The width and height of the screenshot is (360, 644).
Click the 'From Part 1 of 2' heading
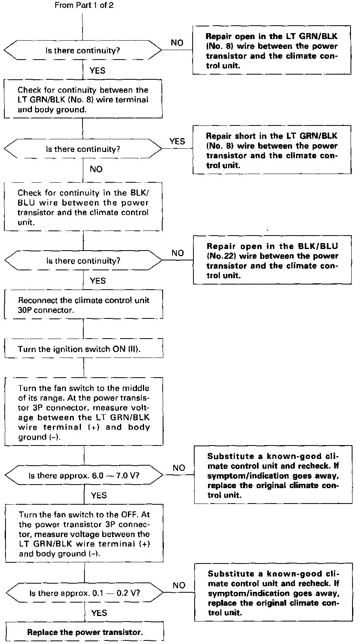(84, 6)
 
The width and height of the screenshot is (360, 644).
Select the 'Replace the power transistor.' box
(84, 632)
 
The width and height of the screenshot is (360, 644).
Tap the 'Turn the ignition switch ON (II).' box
(84, 349)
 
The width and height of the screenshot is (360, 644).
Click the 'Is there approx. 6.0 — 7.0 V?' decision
(84, 476)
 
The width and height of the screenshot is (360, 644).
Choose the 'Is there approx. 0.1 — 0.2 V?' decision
(84, 593)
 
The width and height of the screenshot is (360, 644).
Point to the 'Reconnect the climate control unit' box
(83, 305)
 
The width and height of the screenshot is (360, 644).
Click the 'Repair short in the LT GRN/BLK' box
(272, 150)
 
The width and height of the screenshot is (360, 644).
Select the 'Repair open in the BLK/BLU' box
(272, 260)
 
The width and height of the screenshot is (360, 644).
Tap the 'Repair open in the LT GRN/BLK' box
(272, 51)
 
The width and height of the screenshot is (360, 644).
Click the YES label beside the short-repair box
(177, 141)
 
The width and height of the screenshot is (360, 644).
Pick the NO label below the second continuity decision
(96, 169)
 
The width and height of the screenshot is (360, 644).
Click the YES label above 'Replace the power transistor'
(99, 613)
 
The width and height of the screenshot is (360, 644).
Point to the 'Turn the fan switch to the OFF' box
(84, 534)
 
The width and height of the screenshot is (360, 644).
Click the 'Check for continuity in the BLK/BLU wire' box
(83, 207)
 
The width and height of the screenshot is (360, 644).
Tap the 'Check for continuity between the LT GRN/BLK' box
(83, 99)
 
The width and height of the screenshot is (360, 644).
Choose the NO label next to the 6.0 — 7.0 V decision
(179, 468)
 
